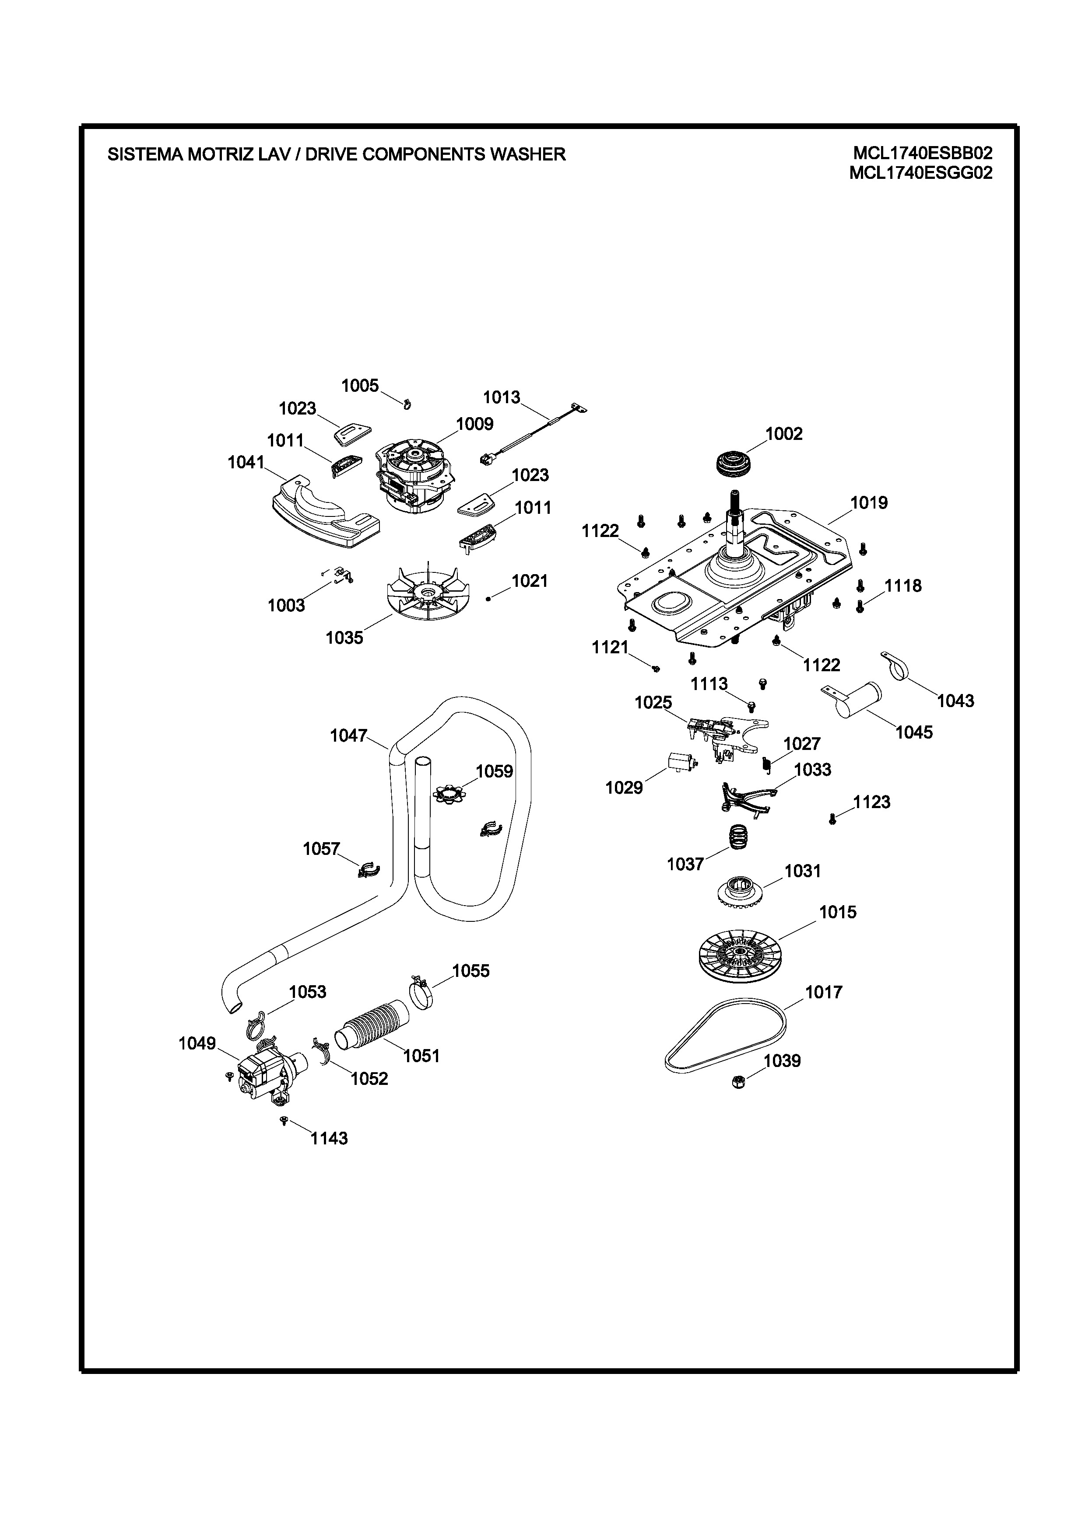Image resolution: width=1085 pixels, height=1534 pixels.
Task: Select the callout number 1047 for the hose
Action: (x=348, y=736)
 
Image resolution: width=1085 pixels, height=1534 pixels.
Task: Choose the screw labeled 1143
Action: (x=284, y=1120)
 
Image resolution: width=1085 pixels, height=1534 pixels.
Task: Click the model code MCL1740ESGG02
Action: (x=920, y=173)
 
